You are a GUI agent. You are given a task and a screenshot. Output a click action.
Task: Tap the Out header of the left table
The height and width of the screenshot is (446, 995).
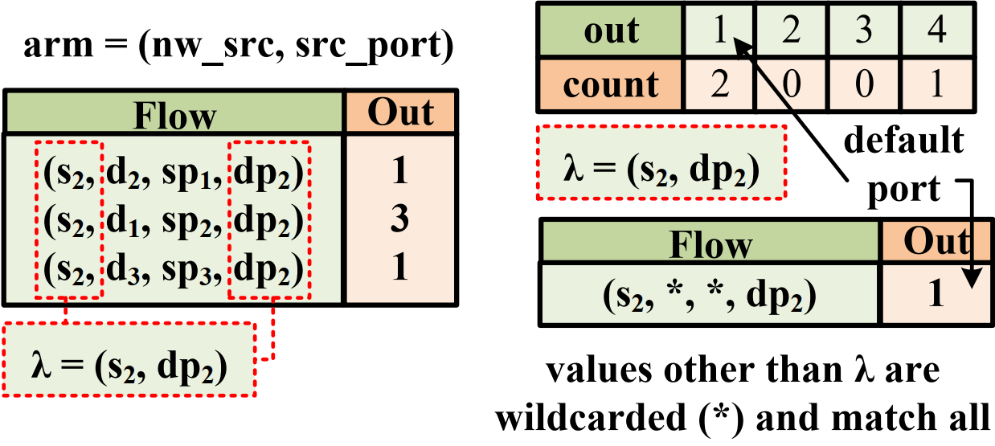click(x=400, y=113)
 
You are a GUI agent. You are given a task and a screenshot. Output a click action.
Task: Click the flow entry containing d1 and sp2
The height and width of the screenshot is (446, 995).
click(x=172, y=220)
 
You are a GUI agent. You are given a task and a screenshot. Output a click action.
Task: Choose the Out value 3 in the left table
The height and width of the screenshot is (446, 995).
click(x=400, y=220)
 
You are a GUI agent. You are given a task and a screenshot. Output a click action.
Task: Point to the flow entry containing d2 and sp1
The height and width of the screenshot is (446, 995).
click(x=172, y=172)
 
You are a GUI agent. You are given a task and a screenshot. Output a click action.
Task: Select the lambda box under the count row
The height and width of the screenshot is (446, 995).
click(x=662, y=162)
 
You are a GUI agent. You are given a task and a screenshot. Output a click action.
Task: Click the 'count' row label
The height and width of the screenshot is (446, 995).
click(x=611, y=84)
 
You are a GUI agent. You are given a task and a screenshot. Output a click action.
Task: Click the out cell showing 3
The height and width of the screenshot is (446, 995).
click(x=864, y=31)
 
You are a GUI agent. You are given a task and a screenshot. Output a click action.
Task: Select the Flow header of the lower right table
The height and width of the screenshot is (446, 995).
click(x=710, y=243)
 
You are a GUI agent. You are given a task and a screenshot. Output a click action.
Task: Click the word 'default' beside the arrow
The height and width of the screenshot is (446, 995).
click(x=903, y=141)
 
